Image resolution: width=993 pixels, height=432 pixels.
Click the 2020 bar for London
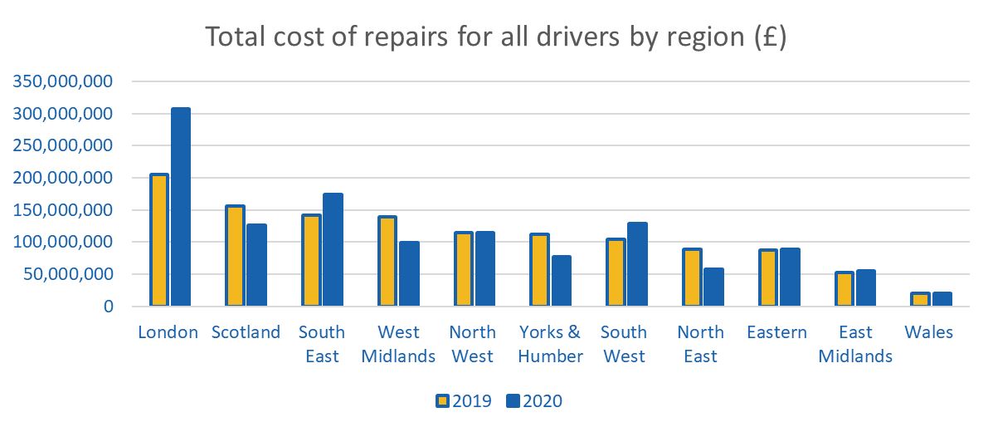click(181, 207)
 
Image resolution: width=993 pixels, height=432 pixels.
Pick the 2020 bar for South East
click(333, 249)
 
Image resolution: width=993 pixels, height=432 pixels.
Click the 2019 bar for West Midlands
click(387, 261)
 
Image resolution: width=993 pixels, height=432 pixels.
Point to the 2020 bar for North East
click(713, 287)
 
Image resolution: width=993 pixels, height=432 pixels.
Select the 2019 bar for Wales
click(920, 299)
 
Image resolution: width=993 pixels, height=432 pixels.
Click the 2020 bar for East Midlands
click(865, 287)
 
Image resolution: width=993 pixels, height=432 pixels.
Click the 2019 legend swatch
click(442, 401)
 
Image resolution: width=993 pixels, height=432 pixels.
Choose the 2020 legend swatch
click(513, 401)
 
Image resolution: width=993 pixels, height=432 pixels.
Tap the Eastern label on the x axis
click(776, 332)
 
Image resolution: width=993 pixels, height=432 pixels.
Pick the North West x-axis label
click(471, 344)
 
